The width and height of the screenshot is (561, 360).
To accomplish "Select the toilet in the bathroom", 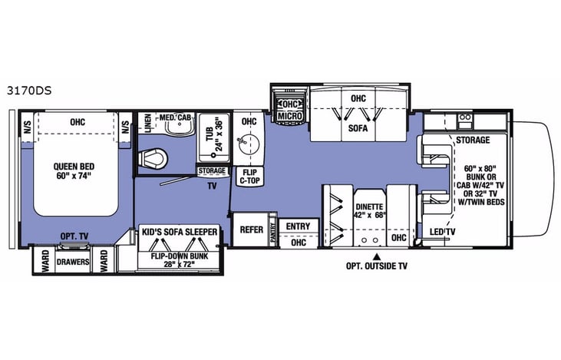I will coord(153,157).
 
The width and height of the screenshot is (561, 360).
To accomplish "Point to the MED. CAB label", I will coord(174,117).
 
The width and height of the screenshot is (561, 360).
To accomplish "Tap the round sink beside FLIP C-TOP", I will coord(246,144).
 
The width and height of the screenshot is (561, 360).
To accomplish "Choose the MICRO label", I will coord(289,115).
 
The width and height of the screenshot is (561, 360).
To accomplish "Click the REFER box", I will coord(252,229).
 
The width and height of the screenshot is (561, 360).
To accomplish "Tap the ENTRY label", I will coord(297,226).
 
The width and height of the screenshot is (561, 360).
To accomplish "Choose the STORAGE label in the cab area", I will coord(473,141).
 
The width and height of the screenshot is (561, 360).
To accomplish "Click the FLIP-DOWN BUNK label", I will coord(180,258).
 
